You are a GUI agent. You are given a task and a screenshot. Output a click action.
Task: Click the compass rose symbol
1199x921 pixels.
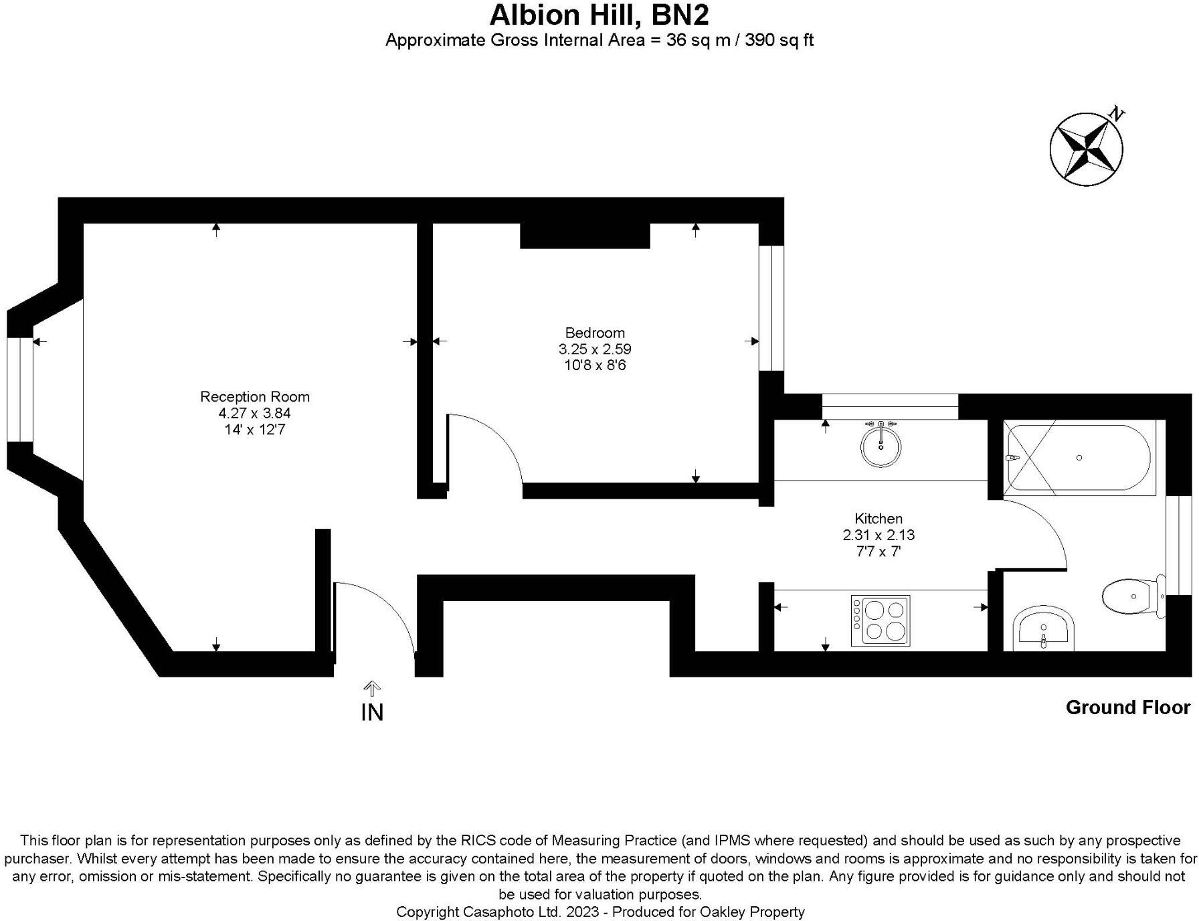point(1085,149)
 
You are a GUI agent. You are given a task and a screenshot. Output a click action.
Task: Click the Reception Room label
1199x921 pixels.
point(254,396)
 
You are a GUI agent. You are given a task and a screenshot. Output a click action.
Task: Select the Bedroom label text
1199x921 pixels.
point(594,333)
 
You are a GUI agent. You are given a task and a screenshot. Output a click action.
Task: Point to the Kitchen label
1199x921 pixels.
point(878,518)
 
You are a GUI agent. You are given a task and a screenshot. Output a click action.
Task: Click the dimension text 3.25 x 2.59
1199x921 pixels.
point(594,349)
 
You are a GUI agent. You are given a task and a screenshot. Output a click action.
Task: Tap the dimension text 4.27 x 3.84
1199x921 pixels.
point(254,413)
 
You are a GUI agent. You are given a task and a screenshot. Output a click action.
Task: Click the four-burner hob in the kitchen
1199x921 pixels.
point(880,620)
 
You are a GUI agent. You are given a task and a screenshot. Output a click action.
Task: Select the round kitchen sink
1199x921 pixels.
point(881,446)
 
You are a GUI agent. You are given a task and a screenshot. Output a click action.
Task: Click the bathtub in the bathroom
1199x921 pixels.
point(1079,458)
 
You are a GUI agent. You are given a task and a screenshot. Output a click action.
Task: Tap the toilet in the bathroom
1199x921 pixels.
point(1131,596)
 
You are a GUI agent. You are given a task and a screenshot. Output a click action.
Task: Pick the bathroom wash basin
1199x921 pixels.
point(1044,630)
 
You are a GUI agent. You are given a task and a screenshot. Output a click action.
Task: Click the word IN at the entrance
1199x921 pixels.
point(372,712)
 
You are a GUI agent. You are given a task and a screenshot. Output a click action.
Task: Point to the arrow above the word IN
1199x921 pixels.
point(372,688)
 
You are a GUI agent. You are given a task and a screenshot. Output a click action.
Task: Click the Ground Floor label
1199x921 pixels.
point(1127,707)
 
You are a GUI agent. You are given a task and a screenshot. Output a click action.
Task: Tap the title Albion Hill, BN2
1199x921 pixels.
point(599,15)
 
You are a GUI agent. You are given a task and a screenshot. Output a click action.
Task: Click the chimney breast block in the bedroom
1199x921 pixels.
point(585,236)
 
